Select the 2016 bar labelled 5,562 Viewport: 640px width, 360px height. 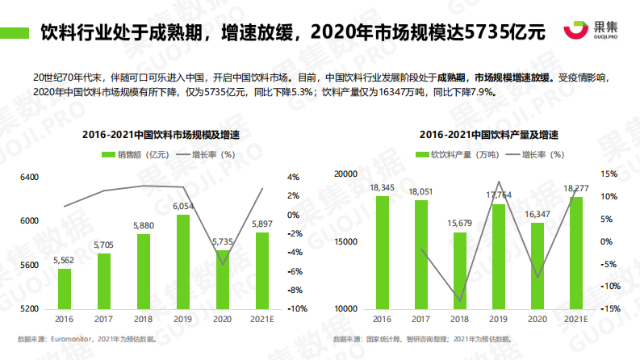pos(65,288)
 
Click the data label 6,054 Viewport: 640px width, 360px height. pos(183,207)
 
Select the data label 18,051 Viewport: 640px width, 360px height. pos(420,191)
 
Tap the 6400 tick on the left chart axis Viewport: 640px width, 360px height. pos(28,177)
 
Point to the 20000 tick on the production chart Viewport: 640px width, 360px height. pos(345,174)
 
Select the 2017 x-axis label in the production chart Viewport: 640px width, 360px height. pos(420,320)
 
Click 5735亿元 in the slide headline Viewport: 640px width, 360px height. pos(505,33)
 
